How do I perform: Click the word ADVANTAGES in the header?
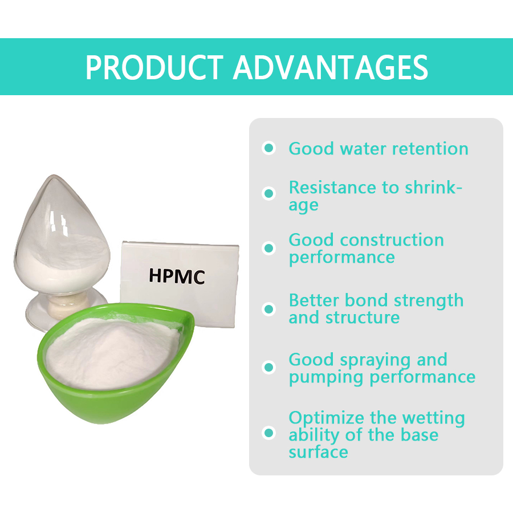[331, 67]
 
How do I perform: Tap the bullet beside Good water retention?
[268, 149]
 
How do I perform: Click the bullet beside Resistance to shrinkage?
[268, 193]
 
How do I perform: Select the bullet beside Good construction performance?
[268, 249]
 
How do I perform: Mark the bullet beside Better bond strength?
[268, 309]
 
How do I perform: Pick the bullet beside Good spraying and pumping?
[268, 368]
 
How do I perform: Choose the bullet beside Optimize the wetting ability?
[268, 433]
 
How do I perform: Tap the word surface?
[318, 452]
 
